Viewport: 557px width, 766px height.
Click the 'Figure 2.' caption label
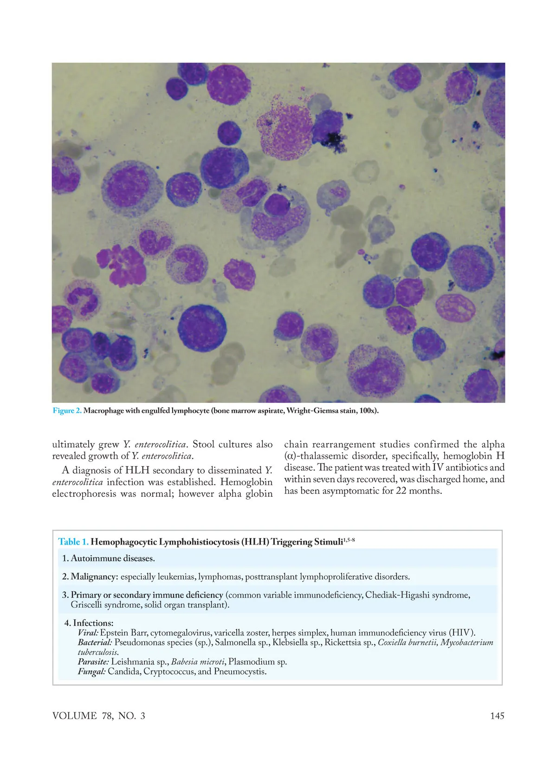tap(67, 410)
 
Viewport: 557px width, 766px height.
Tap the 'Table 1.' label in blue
tap(73, 542)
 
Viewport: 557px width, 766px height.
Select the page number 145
tap(497, 715)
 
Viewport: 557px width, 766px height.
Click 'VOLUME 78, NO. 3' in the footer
tap(98, 715)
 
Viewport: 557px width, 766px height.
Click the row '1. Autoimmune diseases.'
tap(109, 558)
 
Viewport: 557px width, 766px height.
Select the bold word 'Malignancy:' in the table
tap(95, 577)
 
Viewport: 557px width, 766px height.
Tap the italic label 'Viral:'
tap(88, 633)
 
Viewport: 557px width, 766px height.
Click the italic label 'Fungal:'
tap(92, 671)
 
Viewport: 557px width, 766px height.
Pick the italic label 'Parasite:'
tap(93, 662)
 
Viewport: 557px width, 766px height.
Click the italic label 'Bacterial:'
tap(95, 643)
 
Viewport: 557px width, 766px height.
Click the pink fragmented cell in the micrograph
tap(119, 265)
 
